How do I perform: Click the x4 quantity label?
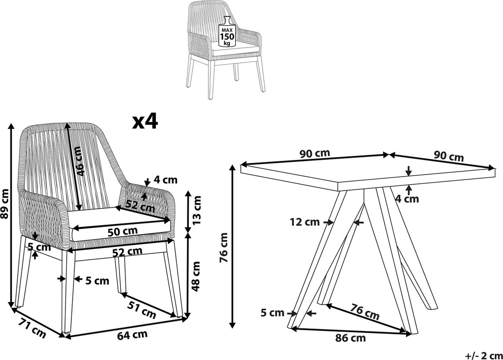pos(145,122)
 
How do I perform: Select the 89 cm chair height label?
pos(5,203)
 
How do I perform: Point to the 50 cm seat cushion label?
pos(122,232)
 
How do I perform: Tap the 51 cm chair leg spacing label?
pos(142,310)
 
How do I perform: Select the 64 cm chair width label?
pos(132,335)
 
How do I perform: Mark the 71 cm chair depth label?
pos(32,328)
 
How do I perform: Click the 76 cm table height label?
pos(224,248)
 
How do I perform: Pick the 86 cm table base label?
pos(350,338)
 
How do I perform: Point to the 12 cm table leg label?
pos(305,222)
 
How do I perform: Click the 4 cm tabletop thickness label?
pos(407,199)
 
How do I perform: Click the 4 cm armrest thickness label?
pos(166,180)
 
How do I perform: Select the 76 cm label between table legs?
pos(365,312)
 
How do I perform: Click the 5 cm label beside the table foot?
pos(272,313)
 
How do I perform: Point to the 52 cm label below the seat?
pos(127,252)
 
